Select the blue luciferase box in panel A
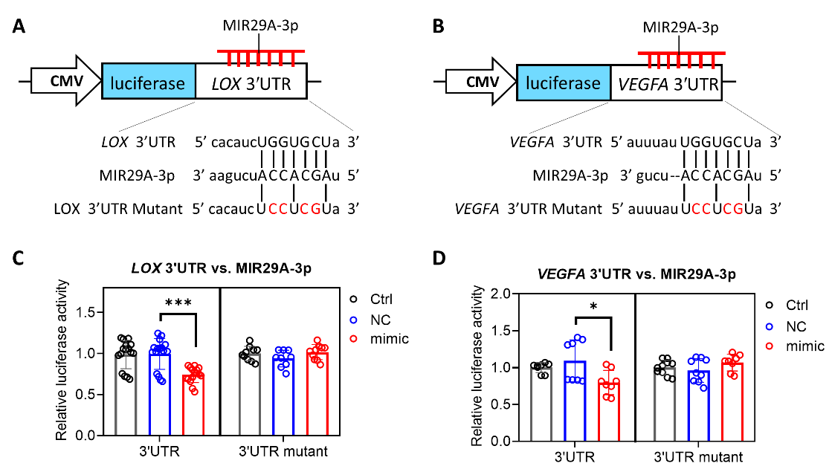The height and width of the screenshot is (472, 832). (x=148, y=82)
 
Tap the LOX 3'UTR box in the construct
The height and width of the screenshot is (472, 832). (x=251, y=82)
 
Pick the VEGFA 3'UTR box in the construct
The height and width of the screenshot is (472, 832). (x=665, y=82)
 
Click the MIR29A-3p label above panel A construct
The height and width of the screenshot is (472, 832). (x=259, y=28)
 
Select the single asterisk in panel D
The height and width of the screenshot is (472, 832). (x=592, y=308)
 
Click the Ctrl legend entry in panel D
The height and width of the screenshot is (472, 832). (x=796, y=306)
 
